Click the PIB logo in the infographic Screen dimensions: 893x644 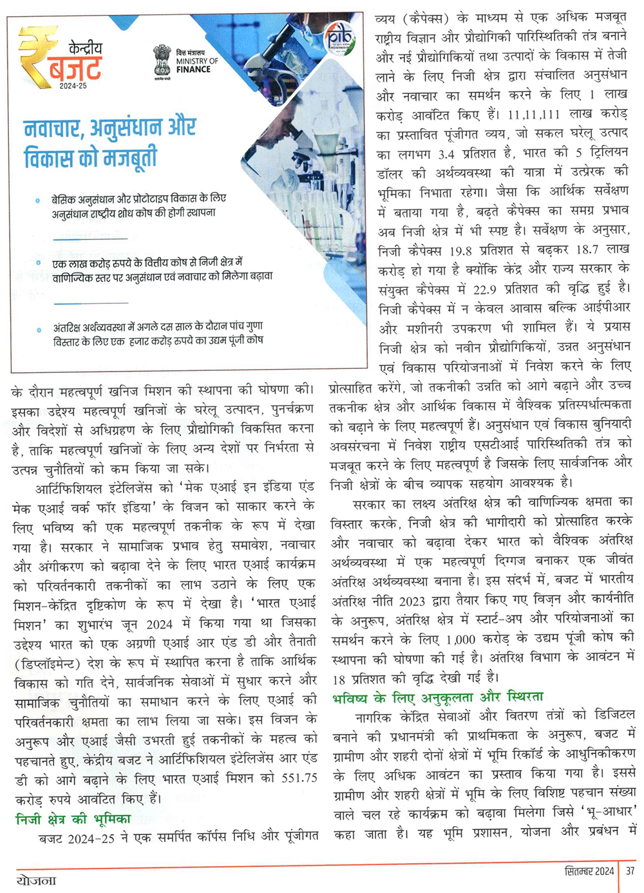point(339,40)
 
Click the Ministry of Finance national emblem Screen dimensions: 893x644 point(162,61)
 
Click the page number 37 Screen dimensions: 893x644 point(630,871)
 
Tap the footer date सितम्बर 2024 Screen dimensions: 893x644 point(589,871)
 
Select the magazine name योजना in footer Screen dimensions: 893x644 point(37,879)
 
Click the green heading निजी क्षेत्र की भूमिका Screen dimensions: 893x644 point(73,819)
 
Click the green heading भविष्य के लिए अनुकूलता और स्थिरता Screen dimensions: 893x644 point(438,697)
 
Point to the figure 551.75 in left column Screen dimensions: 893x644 point(299,778)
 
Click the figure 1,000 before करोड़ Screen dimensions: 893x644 point(460,640)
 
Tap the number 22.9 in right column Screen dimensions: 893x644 point(484,290)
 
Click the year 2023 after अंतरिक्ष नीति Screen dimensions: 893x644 point(410,601)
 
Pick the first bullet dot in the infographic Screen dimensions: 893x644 point(39,201)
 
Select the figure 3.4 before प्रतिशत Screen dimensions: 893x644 point(446,155)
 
